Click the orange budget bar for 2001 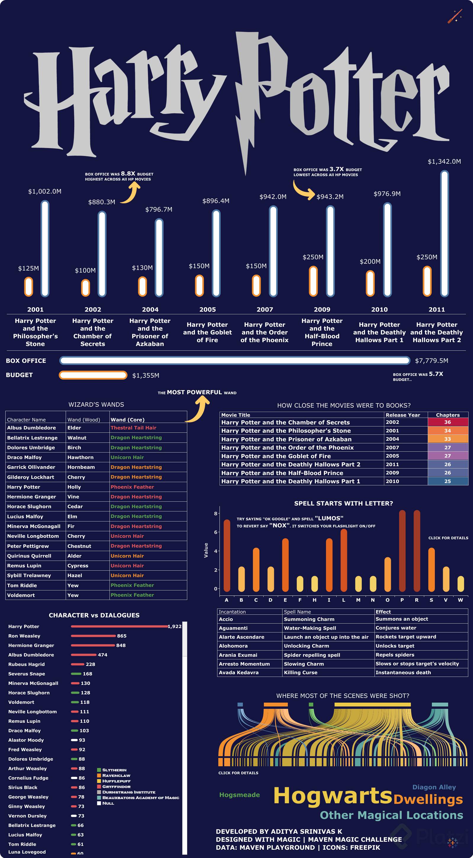[29, 286]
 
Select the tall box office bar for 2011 [444, 233]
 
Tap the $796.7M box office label [159, 210]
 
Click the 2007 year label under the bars [265, 309]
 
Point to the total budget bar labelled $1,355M [93, 375]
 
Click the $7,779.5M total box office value [431, 361]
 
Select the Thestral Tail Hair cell [133, 428]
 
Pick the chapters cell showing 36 [447, 422]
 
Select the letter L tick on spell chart [343, 600]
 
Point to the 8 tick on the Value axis [216, 513]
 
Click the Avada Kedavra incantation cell [238, 672]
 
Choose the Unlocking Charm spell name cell [306, 646]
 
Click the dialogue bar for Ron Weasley [93, 636]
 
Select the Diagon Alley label [434, 787]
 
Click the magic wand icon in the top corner [455, 16]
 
